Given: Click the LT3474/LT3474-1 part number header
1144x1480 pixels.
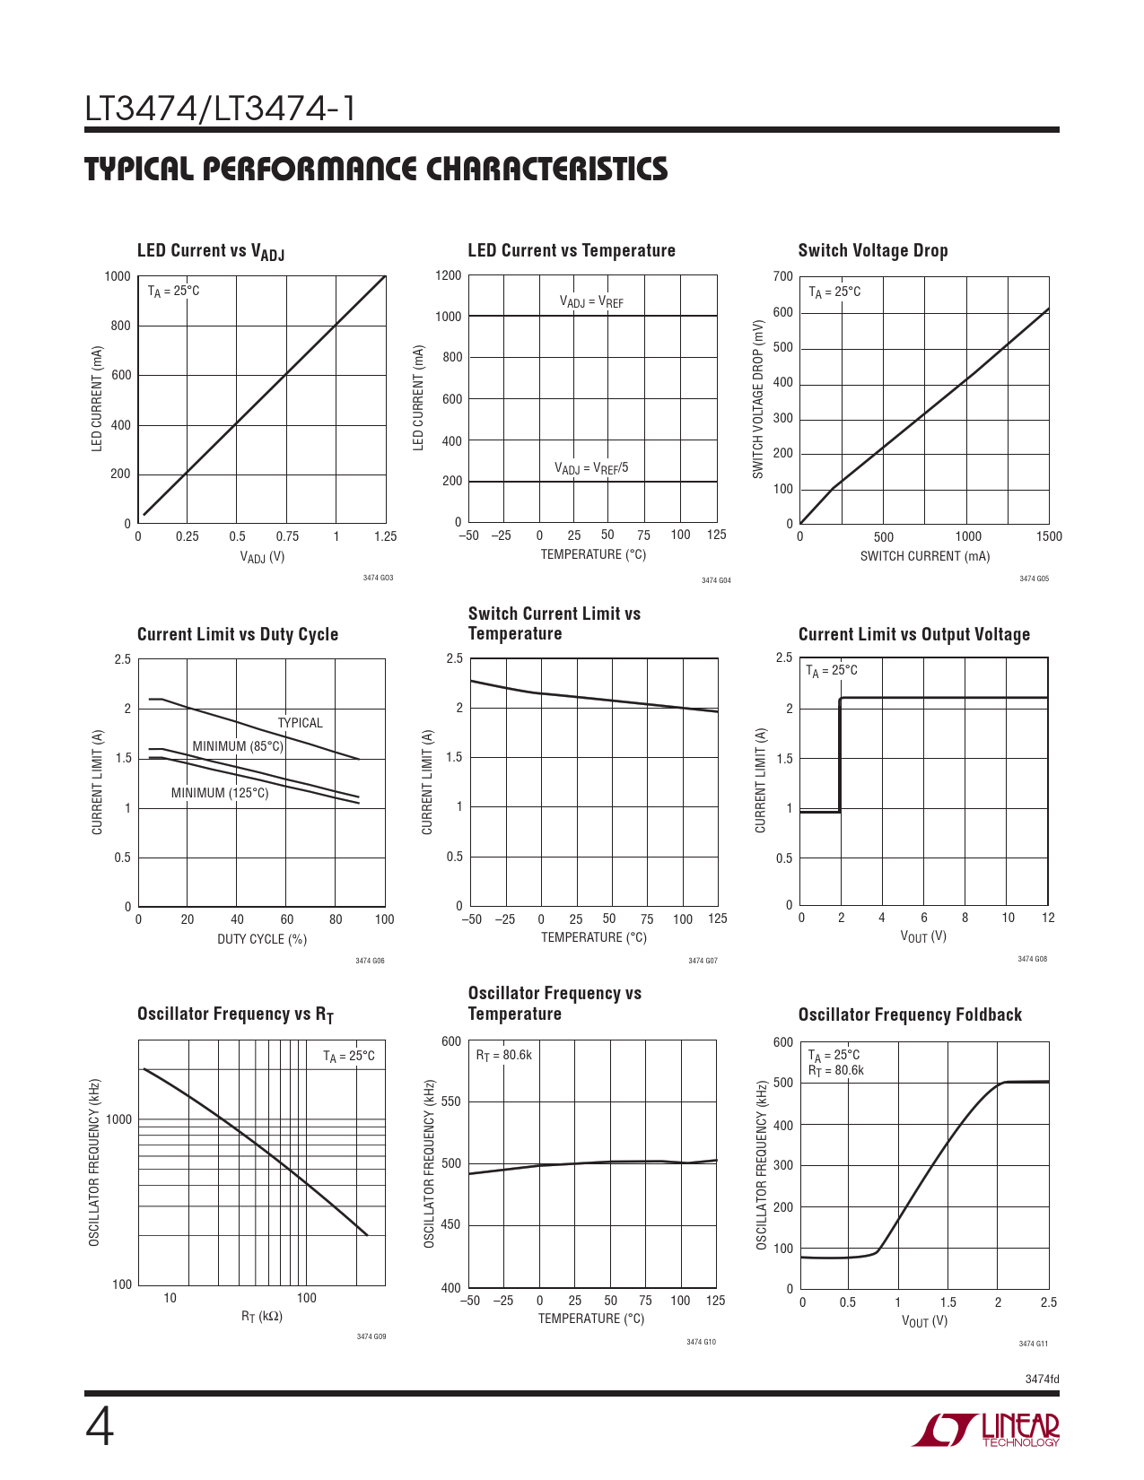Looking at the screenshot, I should point(220,109).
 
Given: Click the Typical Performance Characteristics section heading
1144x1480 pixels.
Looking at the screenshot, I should point(376,169).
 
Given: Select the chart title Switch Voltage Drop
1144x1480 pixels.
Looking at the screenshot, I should point(872,250).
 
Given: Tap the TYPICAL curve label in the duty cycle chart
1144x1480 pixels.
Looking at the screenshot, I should point(300,723).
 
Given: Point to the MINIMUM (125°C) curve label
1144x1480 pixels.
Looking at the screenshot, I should point(220,793).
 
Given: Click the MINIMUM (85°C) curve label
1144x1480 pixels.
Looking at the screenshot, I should point(238,746).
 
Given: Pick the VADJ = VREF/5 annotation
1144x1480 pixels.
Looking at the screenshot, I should point(591,468).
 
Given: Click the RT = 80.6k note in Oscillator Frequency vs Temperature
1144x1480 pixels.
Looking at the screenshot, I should point(503,1056).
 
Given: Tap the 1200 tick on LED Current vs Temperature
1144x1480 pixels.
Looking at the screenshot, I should point(449,275).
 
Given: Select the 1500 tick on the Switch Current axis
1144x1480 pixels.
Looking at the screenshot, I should point(1048,536).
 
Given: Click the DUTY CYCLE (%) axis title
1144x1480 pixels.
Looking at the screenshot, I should point(262,939).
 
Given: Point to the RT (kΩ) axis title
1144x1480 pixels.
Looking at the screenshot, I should point(262,1317).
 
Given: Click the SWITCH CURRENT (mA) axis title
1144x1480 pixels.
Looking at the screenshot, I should point(925,556).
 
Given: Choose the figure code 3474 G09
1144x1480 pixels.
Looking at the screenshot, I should point(371,1336).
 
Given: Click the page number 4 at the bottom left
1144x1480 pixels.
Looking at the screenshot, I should point(100,1428).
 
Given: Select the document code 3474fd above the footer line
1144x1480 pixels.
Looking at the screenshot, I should point(1042,1380).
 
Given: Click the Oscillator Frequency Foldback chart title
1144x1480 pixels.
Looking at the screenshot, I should point(910,1014).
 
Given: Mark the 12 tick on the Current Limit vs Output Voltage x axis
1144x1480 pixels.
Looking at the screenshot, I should point(1048,918).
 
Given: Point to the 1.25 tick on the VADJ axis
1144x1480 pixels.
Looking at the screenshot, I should point(385,536).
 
